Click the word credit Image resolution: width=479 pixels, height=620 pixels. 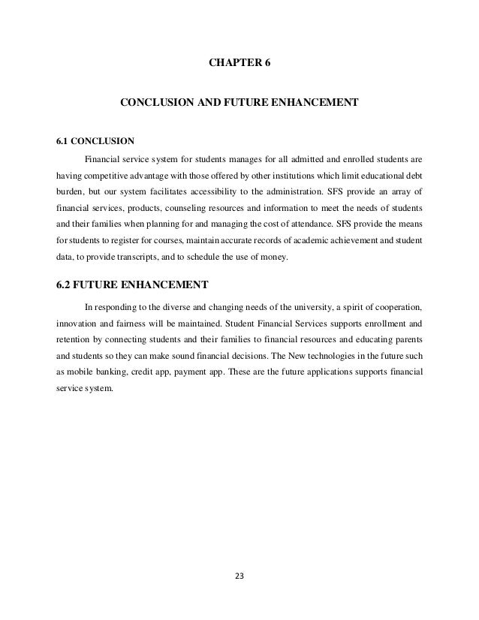(146, 373)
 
